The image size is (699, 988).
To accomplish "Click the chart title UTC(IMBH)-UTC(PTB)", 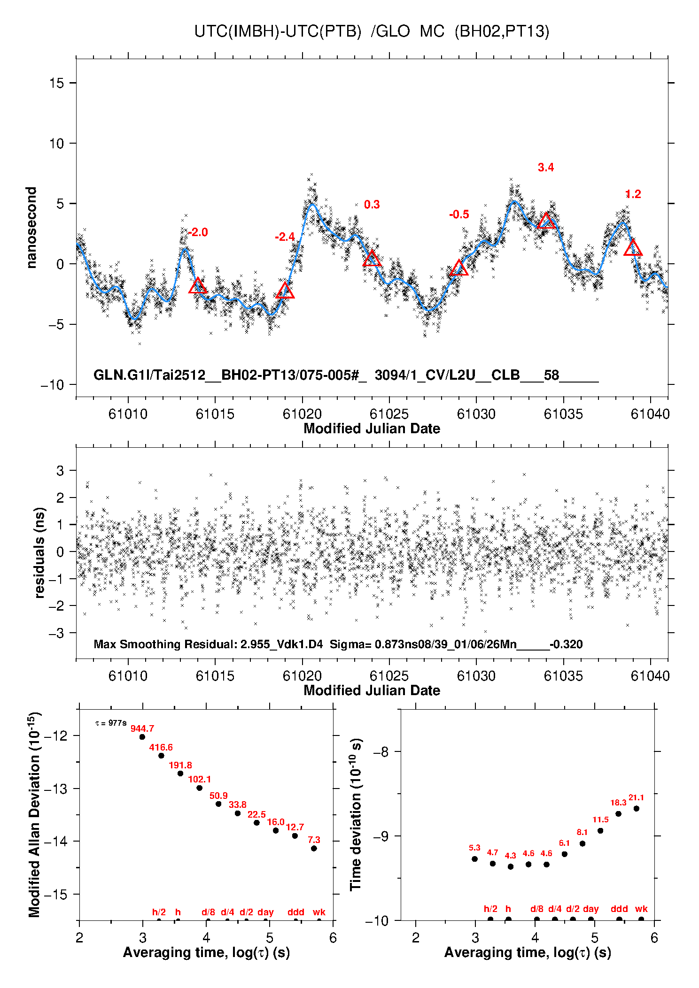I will [278, 31].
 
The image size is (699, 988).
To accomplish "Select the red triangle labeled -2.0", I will [197, 286].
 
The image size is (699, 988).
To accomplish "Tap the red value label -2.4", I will [285, 237].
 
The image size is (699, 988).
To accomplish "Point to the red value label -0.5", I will [459, 214].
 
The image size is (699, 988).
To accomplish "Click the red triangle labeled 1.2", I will [633, 248].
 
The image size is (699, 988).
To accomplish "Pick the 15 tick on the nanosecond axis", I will [56, 83].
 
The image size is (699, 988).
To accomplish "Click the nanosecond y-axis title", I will [31, 228].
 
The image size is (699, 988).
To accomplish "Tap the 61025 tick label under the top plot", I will [389, 414].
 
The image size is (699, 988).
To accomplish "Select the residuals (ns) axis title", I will [40, 552].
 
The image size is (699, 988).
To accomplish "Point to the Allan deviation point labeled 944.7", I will [142, 737].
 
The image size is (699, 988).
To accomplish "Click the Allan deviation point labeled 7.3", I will [314, 848].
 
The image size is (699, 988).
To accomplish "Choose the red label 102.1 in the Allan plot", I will [199, 779].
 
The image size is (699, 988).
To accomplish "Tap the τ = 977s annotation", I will [111, 723].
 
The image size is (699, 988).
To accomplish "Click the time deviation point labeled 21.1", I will [636, 808].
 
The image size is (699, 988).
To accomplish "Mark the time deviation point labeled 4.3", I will [511, 866].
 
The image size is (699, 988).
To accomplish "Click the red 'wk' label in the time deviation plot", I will [641, 909].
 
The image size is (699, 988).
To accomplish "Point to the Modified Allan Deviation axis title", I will [34, 814].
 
